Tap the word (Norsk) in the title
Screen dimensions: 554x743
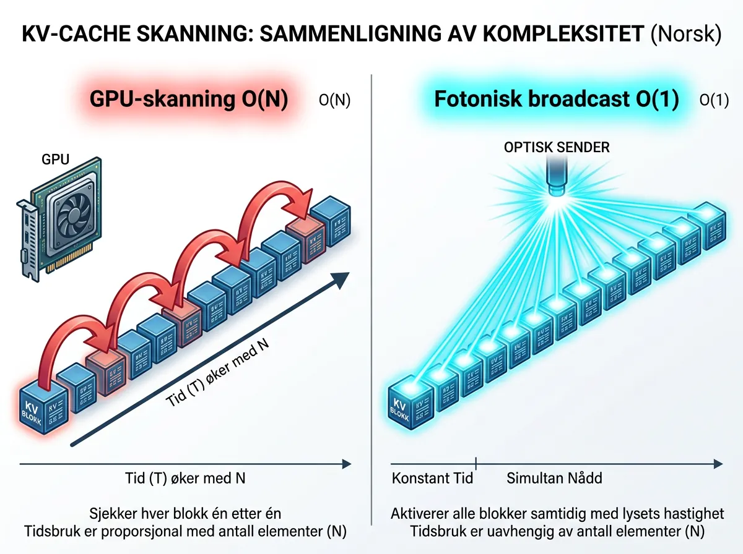coord(686,35)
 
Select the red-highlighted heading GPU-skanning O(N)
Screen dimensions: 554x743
coord(189,100)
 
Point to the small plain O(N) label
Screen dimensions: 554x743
coord(334,101)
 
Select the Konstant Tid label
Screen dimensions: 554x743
coord(432,478)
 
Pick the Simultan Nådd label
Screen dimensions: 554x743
coord(554,478)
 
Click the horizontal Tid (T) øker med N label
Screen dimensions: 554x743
coord(186,478)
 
